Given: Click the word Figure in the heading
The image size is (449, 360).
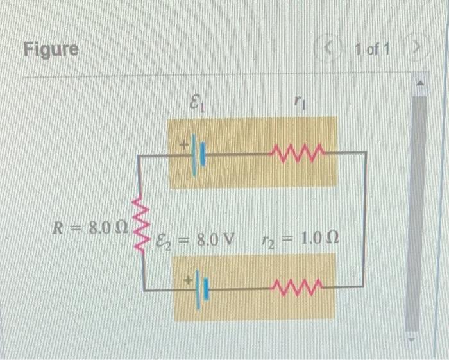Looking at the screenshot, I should click(x=51, y=49).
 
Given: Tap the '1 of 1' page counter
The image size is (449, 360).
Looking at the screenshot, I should click(x=372, y=49).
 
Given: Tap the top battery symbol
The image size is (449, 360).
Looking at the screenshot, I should click(x=199, y=153).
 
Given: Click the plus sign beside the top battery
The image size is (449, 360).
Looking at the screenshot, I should click(x=184, y=146).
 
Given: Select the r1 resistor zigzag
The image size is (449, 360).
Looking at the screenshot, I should click(x=295, y=153).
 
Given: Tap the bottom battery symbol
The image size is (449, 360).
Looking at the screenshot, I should click(x=203, y=289).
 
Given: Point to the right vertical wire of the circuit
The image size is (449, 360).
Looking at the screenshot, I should click(x=366, y=218).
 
